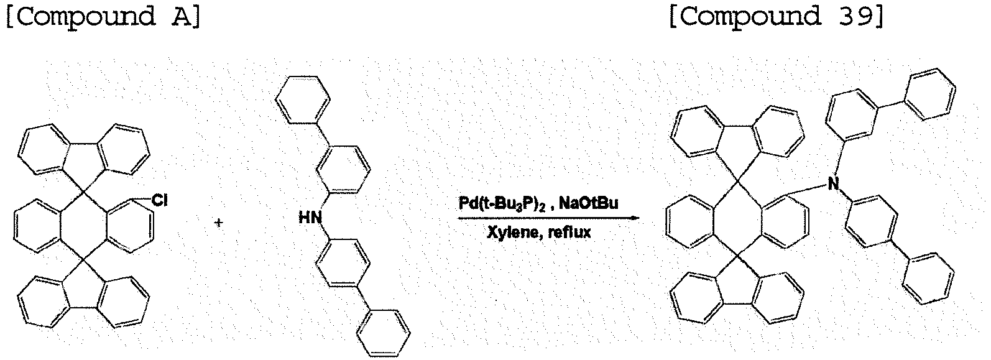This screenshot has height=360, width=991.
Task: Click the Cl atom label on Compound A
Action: (x=160, y=200)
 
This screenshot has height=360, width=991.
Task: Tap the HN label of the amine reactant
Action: (x=310, y=217)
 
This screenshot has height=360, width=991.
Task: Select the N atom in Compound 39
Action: (x=834, y=183)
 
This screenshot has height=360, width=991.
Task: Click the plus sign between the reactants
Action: (x=219, y=222)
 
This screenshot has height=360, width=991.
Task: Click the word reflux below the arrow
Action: (x=570, y=232)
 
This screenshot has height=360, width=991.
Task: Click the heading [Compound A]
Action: (x=104, y=17)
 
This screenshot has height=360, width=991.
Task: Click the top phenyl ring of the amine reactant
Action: (x=303, y=99)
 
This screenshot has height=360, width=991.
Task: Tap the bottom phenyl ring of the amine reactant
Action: (x=384, y=333)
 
